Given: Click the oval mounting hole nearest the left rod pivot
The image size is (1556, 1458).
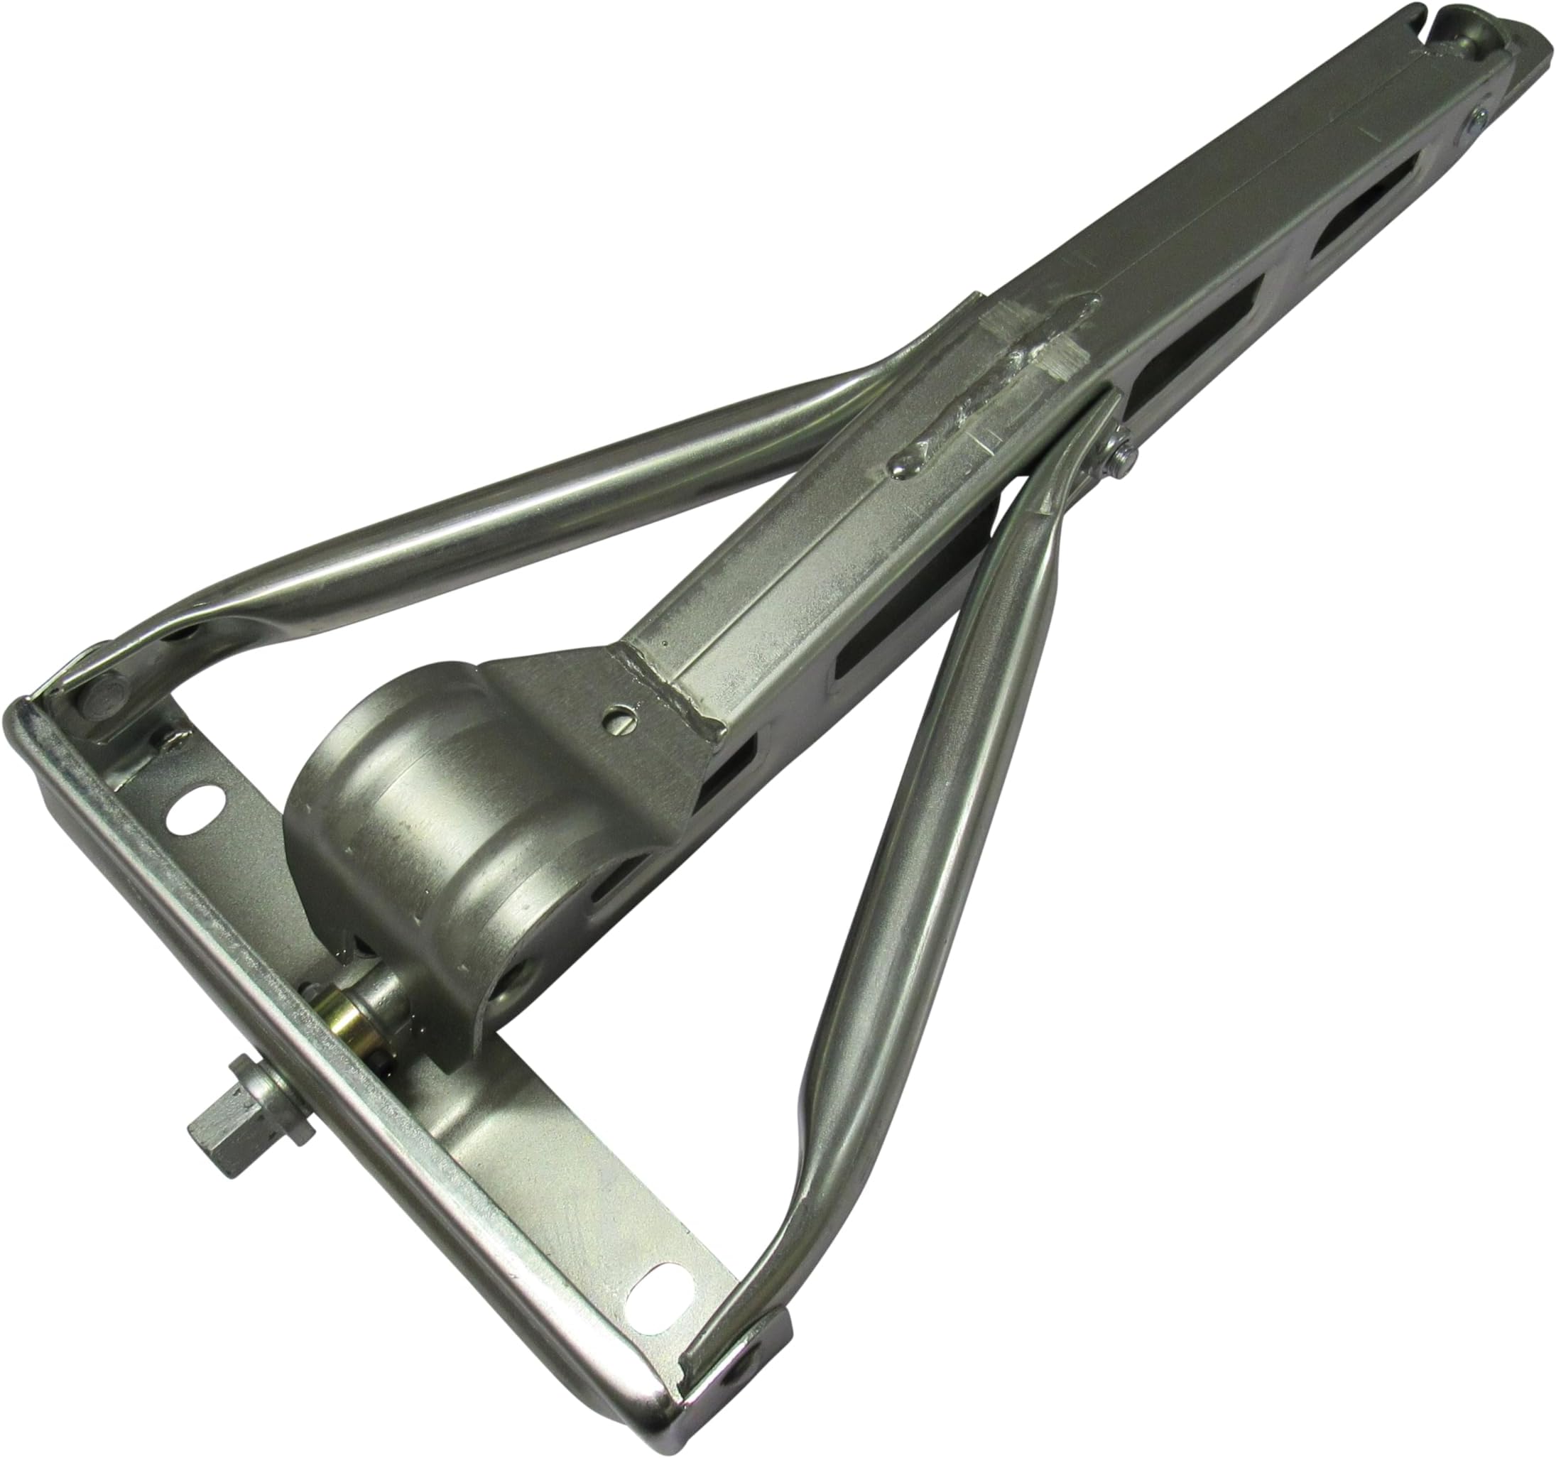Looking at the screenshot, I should tap(195, 805).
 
